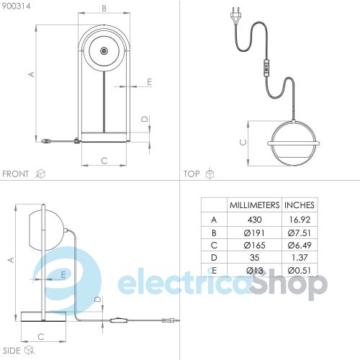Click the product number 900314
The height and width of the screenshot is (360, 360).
(x=17, y=6)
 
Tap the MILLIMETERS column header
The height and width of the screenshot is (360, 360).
(x=254, y=205)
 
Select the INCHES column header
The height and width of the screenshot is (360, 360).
(x=300, y=205)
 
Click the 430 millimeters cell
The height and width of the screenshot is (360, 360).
(x=254, y=220)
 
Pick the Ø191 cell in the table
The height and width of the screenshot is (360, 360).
(x=254, y=233)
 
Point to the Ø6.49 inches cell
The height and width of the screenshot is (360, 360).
(x=300, y=245)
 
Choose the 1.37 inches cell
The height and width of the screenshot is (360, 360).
(x=300, y=258)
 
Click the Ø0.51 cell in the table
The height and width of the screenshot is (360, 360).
(x=300, y=271)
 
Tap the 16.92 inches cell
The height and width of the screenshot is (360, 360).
(x=300, y=220)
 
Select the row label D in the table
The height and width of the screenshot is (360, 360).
(x=214, y=258)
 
